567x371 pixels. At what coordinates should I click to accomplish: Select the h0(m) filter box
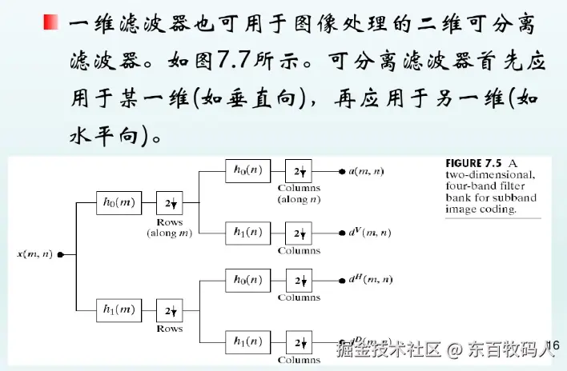(117, 203)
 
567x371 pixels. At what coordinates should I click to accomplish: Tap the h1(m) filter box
(117, 309)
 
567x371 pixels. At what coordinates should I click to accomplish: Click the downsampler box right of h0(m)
(169, 203)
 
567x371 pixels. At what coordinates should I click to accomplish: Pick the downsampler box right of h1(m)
(169, 309)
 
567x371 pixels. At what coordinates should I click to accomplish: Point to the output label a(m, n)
(366, 171)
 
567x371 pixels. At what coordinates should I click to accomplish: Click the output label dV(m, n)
(369, 233)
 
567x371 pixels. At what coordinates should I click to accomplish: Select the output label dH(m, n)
(370, 280)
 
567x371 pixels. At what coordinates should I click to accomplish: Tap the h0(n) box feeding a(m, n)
(247, 171)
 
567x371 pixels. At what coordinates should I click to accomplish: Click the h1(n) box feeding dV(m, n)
(247, 233)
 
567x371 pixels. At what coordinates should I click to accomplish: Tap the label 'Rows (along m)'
(169, 227)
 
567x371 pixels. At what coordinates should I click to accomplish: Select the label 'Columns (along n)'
(299, 193)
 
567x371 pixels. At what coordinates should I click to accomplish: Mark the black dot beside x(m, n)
(61, 255)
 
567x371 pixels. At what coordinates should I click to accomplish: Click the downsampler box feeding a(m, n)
(299, 171)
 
